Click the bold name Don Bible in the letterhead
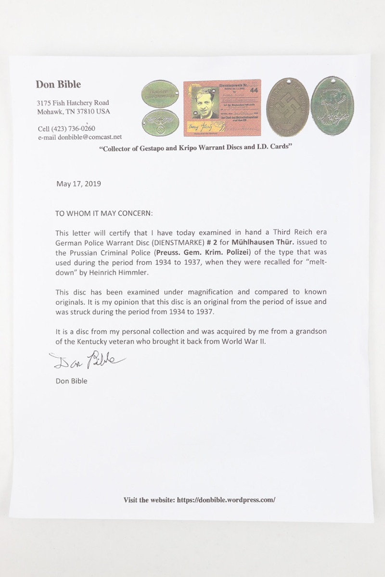58,85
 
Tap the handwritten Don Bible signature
87,359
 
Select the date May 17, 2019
78,184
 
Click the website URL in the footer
226,500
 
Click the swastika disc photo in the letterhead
288,107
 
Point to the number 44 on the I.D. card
252,89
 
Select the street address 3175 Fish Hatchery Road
73,103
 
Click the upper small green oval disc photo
160,93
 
